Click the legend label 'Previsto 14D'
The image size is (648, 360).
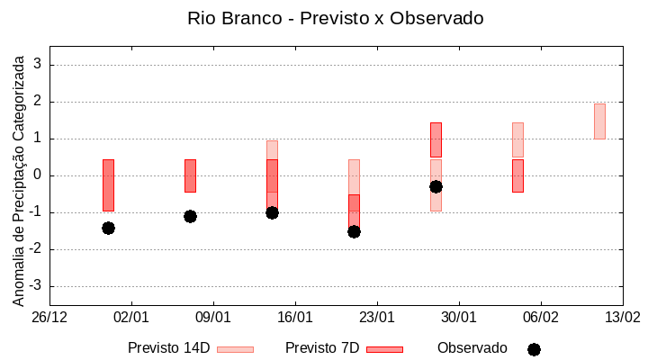tap(168, 348)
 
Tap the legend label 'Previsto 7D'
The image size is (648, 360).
tap(321, 348)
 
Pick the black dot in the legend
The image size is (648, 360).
tap(534, 349)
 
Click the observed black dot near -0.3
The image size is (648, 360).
tap(436, 186)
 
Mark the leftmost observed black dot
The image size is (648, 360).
tap(108, 228)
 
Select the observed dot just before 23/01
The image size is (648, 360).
tap(354, 231)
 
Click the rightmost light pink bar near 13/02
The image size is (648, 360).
tap(599, 121)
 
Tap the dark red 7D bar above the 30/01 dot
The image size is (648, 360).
tap(436, 139)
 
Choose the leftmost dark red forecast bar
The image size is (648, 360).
tap(108, 184)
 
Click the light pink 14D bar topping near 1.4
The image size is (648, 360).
tap(517, 139)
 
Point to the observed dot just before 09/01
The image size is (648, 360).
tap(190, 216)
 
